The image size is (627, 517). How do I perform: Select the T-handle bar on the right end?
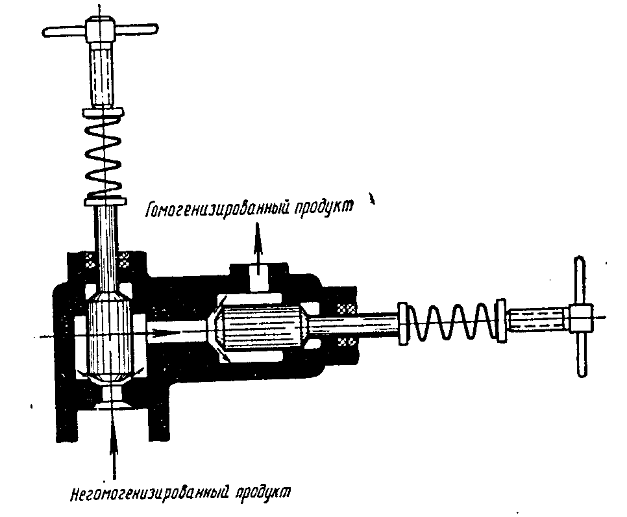[x=580, y=318]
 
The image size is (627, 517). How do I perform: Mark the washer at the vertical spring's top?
[x=104, y=114]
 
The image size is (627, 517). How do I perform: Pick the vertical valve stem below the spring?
[x=105, y=240]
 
